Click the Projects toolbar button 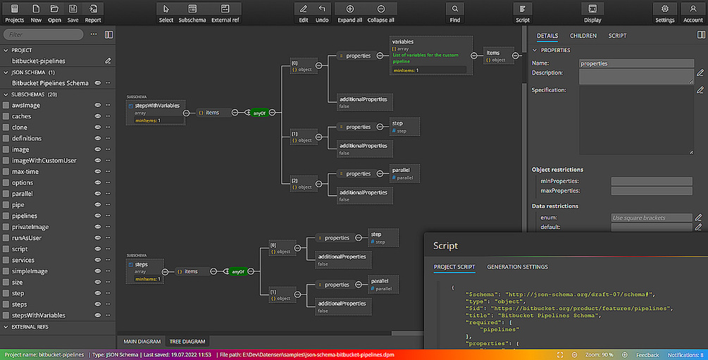point(14,12)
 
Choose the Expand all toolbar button point(349,12)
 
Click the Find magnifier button point(455,12)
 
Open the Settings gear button point(664,12)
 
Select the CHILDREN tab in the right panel point(583,35)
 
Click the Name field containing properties point(636,63)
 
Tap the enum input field point(652,218)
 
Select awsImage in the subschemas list point(26,105)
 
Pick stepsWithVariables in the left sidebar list point(39,316)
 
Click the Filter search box point(44,35)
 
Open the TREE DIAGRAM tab point(187,342)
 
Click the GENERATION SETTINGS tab point(517,267)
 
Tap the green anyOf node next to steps point(237,271)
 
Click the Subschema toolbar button point(192,12)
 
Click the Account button point(693,12)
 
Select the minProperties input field point(652,181)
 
